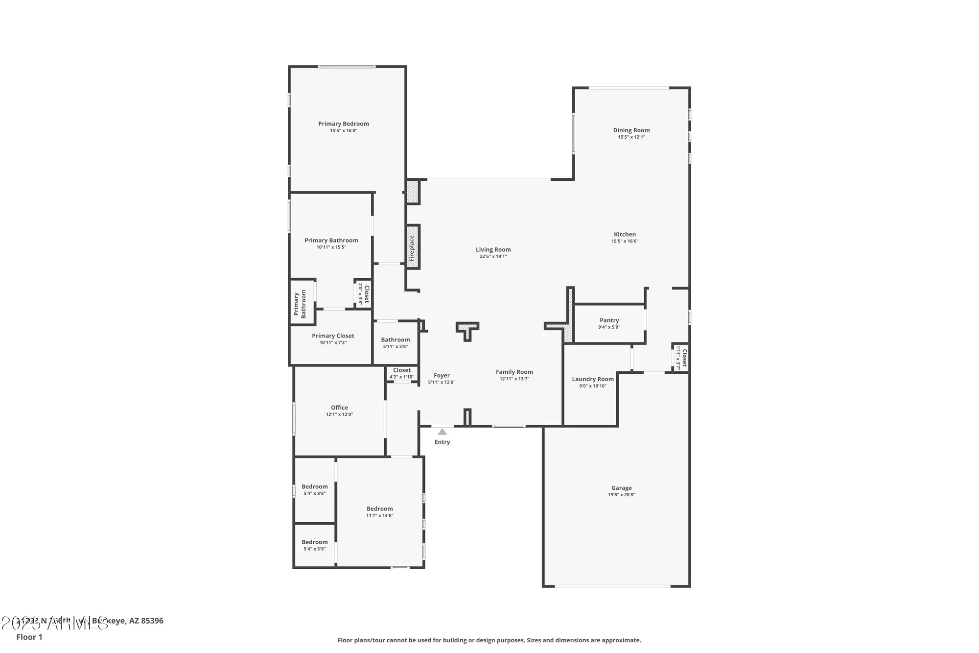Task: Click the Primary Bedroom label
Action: pyautogui.click(x=343, y=124)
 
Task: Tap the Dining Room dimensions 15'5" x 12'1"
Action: pyautogui.click(x=631, y=137)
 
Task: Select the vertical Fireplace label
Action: pyautogui.click(x=412, y=248)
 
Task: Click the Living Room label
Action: pyautogui.click(x=493, y=250)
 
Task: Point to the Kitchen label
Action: pyautogui.click(x=625, y=235)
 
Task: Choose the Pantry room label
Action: pyautogui.click(x=609, y=320)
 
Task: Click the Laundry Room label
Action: pyautogui.click(x=592, y=379)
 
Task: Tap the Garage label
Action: pyautogui.click(x=621, y=488)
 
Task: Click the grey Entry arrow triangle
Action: pyautogui.click(x=442, y=432)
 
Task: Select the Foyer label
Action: pyautogui.click(x=442, y=376)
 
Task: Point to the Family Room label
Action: pyautogui.click(x=514, y=372)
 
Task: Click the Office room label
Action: pyautogui.click(x=339, y=408)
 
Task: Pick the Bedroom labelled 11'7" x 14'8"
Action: pyautogui.click(x=379, y=509)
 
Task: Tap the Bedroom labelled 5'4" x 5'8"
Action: pyautogui.click(x=314, y=542)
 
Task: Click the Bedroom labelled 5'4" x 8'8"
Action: pyautogui.click(x=314, y=487)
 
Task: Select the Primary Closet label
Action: pyautogui.click(x=333, y=336)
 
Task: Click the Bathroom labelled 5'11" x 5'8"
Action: pyautogui.click(x=395, y=340)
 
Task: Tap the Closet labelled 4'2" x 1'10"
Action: pyautogui.click(x=401, y=370)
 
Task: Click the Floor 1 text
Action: pyautogui.click(x=29, y=637)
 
